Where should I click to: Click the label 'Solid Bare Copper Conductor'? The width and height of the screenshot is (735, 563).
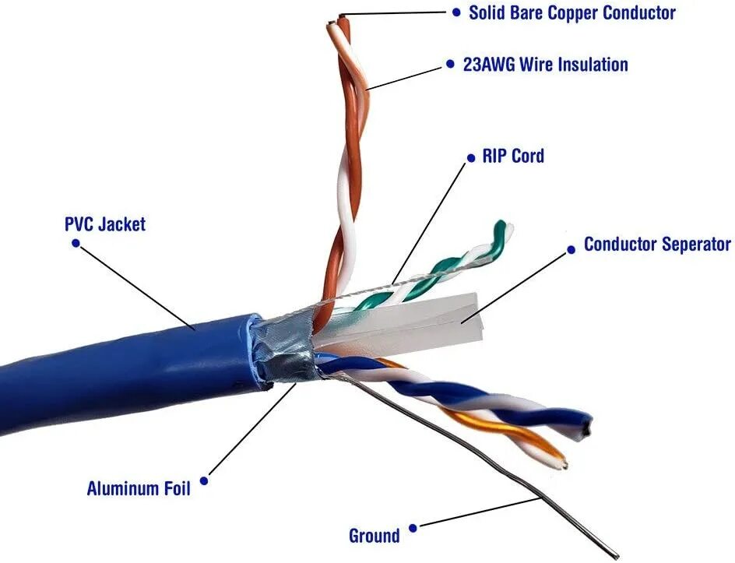571,12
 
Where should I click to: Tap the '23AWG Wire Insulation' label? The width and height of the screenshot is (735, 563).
545,65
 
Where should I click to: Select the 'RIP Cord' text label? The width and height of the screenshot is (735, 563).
512,156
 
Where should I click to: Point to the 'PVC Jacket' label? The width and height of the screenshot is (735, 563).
104,224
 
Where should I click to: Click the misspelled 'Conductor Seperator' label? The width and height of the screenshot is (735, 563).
657,245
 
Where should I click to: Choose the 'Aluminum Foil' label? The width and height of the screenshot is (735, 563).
138,489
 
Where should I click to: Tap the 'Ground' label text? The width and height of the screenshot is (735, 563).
374,536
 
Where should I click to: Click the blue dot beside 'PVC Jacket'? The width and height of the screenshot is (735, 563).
76,243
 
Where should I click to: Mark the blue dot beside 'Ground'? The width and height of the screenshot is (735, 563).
413,528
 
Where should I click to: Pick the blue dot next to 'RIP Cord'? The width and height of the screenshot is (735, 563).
470,158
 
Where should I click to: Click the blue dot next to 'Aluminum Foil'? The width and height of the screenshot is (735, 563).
205,480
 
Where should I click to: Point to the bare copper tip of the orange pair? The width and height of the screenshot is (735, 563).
339,16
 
